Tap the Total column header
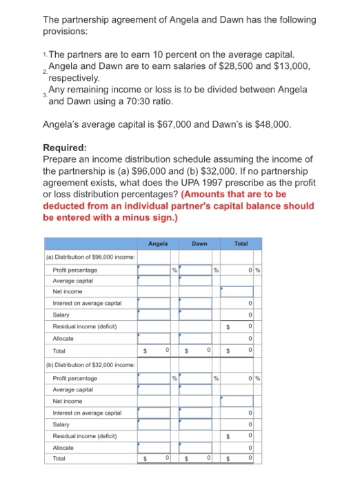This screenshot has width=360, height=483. [242, 244]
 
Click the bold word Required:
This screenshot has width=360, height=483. [65, 148]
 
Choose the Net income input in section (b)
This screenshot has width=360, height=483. [241, 401]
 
